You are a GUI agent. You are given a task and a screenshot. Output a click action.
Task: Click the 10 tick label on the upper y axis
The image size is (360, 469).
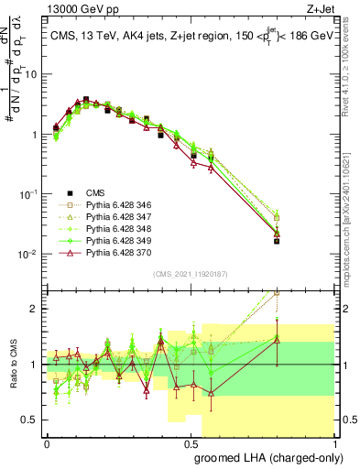[x=34, y=74]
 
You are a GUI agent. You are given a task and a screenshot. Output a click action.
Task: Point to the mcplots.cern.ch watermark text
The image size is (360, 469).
[x=351, y=211]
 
